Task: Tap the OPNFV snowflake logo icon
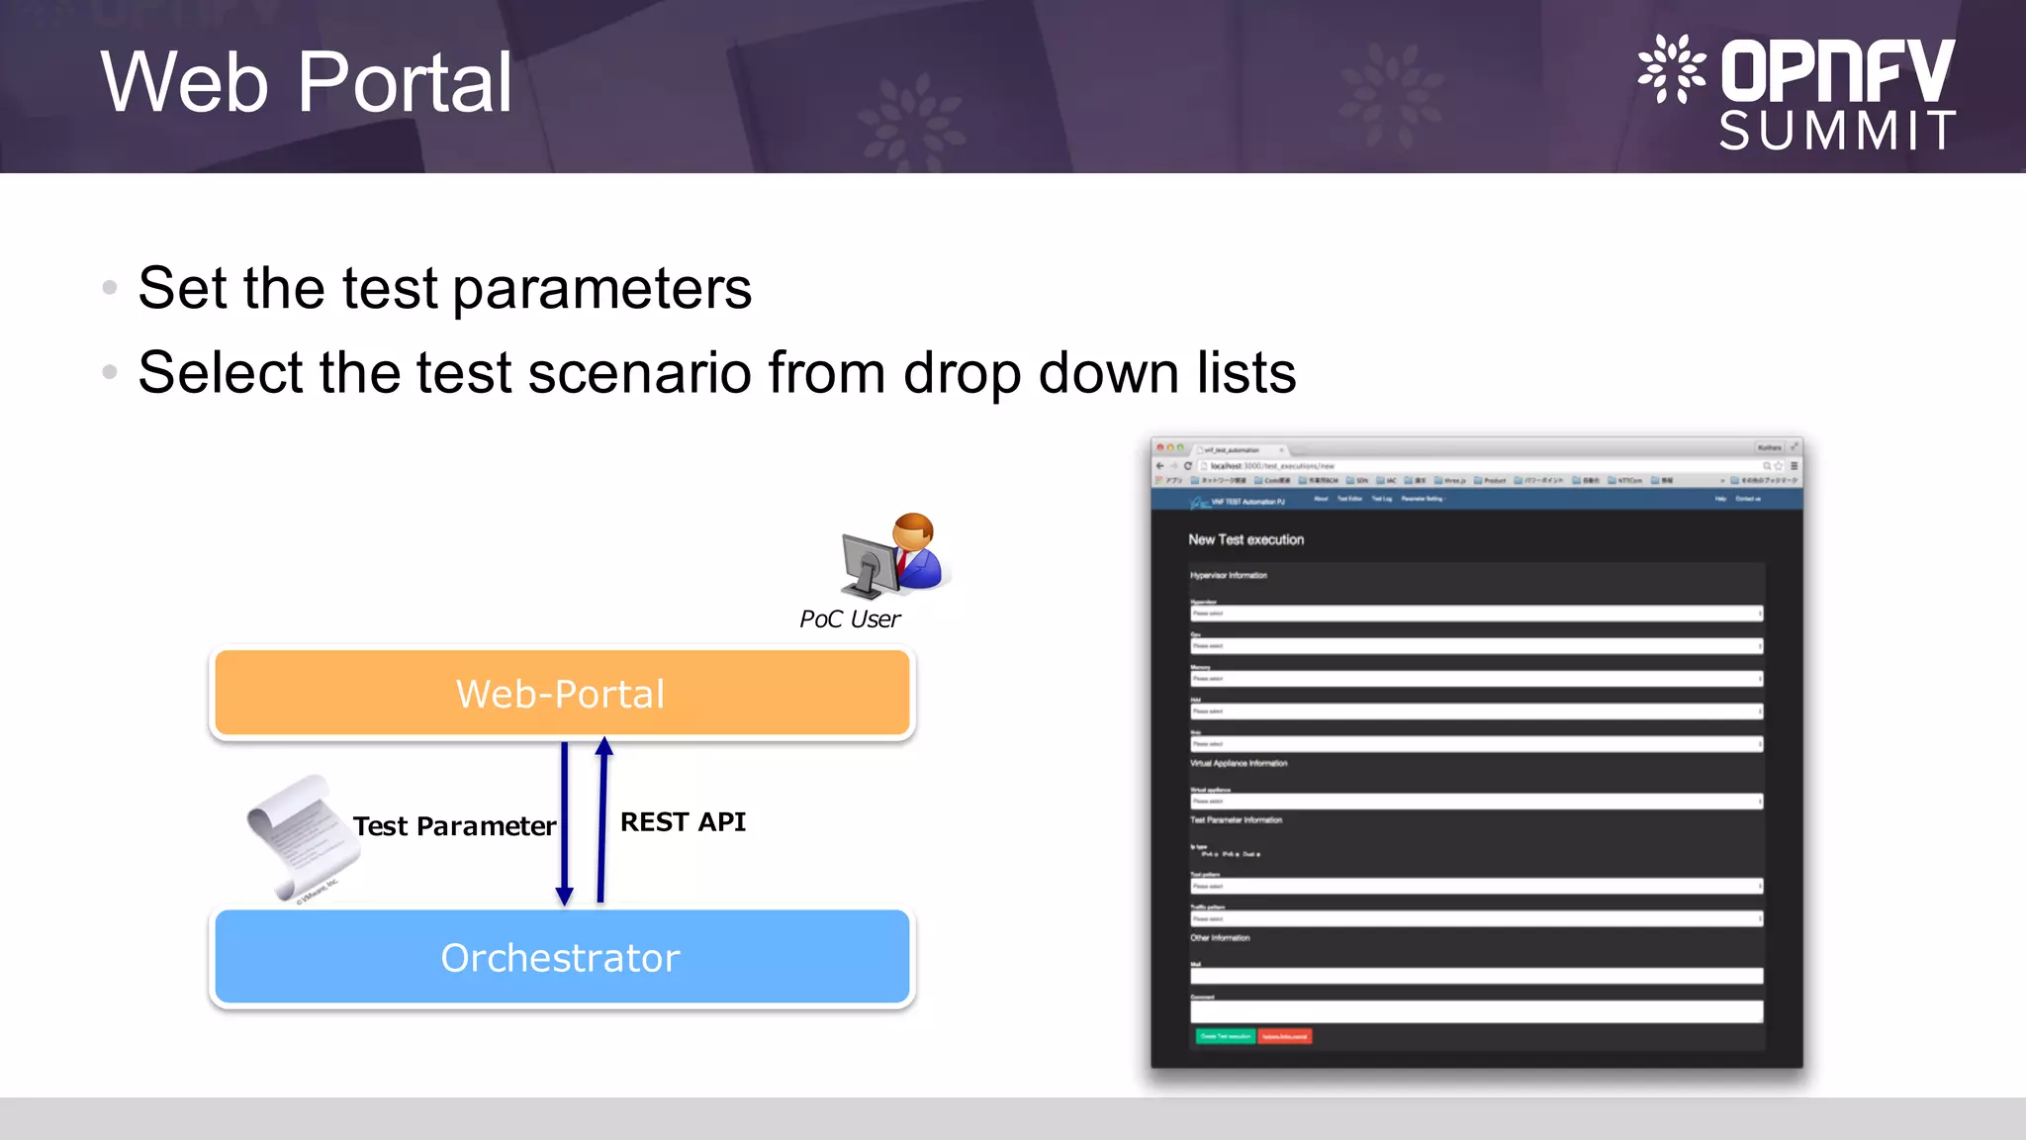click(x=1671, y=69)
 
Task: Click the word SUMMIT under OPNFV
click(x=1837, y=131)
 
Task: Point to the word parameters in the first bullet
click(x=601, y=289)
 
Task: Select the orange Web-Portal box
click(x=561, y=693)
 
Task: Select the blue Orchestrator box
click(x=561, y=957)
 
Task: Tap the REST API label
click(x=683, y=822)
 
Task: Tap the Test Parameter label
click(x=454, y=826)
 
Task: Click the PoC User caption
click(x=850, y=619)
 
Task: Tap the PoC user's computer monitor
click(x=868, y=562)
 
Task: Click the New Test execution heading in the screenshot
click(x=1245, y=539)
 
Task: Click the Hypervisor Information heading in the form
click(x=1228, y=575)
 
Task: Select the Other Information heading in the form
click(x=1220, y=937)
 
